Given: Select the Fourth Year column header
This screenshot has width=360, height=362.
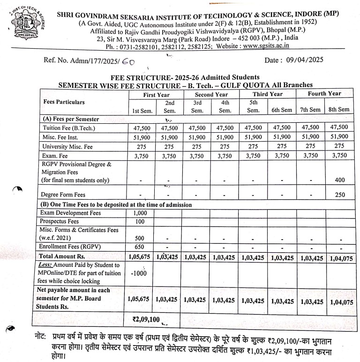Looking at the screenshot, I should point(324,94).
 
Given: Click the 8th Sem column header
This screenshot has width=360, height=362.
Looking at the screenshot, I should point(339,110).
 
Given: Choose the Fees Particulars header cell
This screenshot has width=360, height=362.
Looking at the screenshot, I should point(64,102).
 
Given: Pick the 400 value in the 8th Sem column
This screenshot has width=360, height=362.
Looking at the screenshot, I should point(339,180).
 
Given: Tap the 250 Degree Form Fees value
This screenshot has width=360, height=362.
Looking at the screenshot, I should point(339,195).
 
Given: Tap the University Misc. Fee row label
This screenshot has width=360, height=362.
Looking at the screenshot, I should point(67,147).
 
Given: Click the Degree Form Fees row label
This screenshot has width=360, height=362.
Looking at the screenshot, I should point(63,195).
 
